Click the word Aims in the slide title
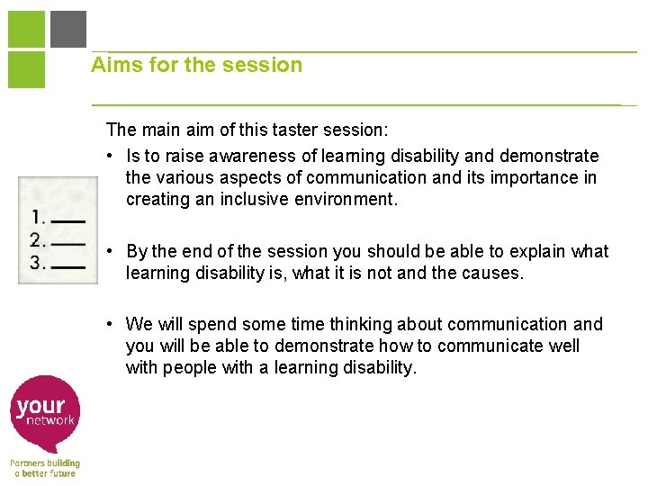[x=112, y=65]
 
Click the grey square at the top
[x=68, y=29]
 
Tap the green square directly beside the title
[x=26, y=69]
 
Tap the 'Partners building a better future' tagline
[x=45, y=468]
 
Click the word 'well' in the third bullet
[x=562, y=346]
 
